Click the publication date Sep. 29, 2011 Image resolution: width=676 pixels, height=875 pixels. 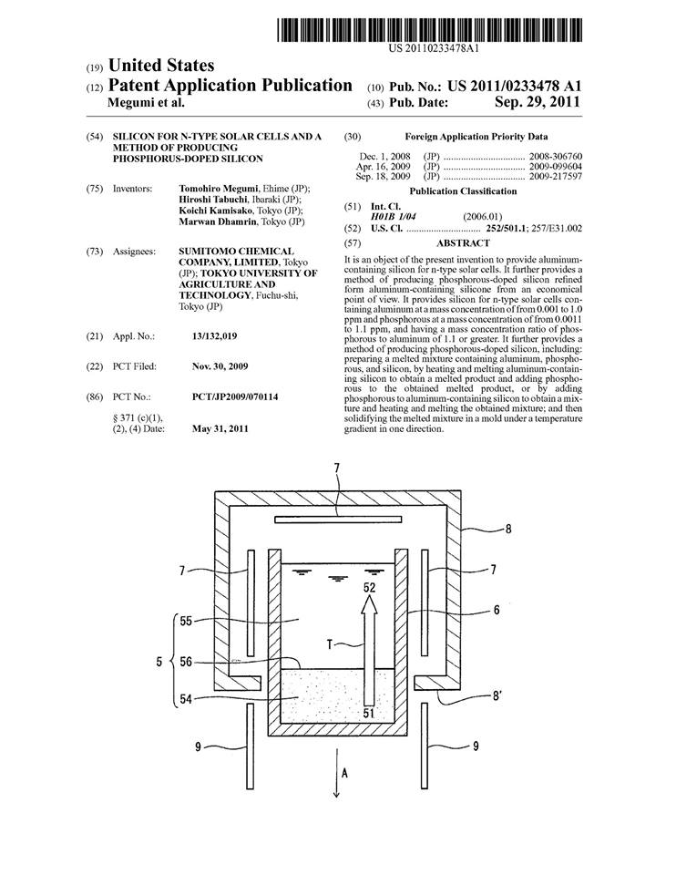click(538, 102)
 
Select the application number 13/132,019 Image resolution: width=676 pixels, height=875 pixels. click(214, 336)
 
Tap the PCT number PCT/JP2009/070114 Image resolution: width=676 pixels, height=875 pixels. click(235, 396)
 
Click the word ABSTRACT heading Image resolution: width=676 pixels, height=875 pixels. click(463, 243)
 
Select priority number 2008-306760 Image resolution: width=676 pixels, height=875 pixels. click(556, 157)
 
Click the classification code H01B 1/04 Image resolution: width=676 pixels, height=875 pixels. click(393, 217)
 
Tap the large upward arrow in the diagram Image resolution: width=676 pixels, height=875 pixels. click(369, 650)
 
